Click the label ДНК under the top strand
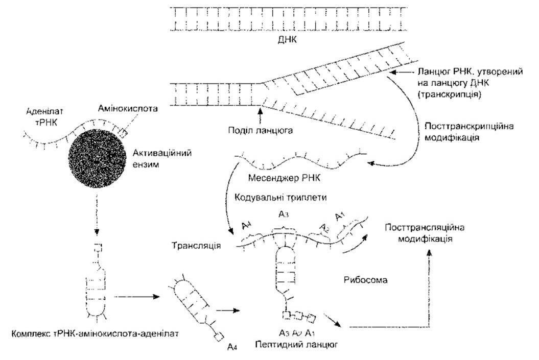pos(287,39)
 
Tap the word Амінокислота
pos(128,109)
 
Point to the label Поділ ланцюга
pos(261,131)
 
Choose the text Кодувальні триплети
pos(280,198)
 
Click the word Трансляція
pos(196,246)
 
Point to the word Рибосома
pos(365,280)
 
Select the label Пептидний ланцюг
pos(296,344)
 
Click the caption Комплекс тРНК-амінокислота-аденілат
pos(95,333)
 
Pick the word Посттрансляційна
pos(425,228)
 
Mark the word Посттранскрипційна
pos(469,126)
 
